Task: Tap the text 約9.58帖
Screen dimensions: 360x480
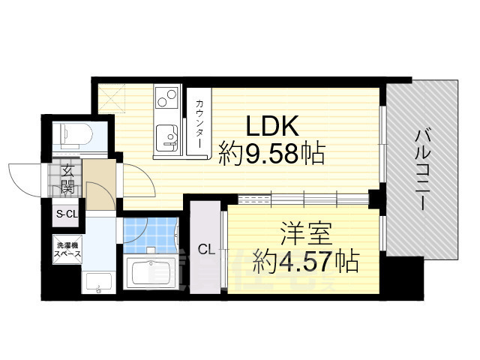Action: coord(271,154)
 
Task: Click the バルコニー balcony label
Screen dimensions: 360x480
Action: coord(423,169)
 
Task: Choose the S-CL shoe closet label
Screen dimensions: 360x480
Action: coord(67,214)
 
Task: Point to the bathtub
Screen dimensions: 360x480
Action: coord(151,271)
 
